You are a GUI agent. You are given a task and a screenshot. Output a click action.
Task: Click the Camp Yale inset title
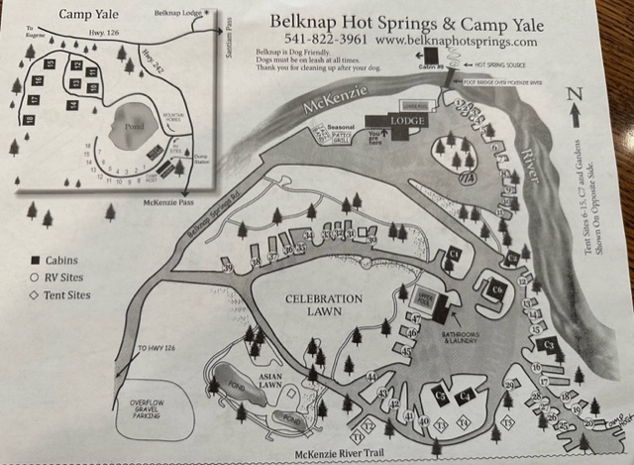click(89, 14)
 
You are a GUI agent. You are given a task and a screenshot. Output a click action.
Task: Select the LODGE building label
click(406, 120)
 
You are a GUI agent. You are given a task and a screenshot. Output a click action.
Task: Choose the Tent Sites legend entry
click(67, 294)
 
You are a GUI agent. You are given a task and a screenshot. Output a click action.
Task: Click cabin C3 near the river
click(550, 344)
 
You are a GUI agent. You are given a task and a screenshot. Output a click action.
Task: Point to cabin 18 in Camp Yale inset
click(30, 120)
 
